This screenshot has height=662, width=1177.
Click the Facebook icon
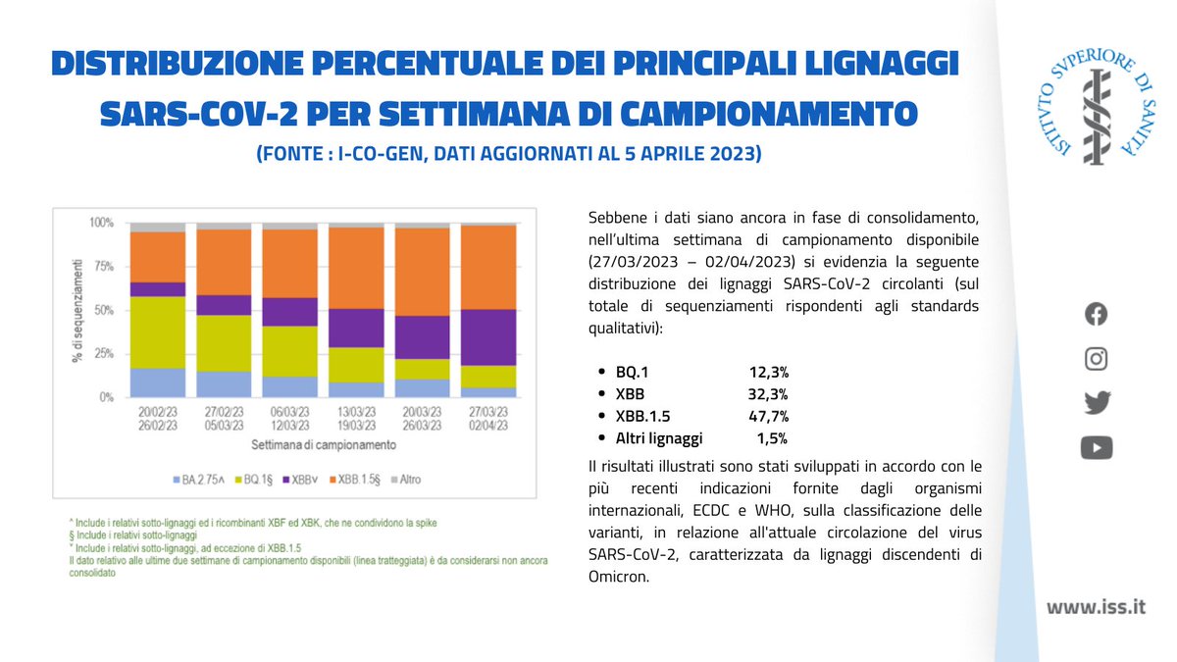point(1096,314)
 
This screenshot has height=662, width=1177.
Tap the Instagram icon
point(1096,359)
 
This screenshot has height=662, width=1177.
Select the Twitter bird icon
point(1096,403)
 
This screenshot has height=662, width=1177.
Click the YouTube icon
point(1096,448)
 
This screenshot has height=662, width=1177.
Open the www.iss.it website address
point(1096,607)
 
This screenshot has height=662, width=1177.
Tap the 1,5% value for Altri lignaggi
point(772,438)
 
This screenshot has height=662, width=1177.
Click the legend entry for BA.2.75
point(201,480)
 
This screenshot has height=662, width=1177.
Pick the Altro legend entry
point(405,480)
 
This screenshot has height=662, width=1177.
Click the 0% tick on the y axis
point(105,398)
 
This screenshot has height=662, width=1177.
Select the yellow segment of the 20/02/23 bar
point(158,331)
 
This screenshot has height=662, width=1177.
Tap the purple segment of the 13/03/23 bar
point(356,328)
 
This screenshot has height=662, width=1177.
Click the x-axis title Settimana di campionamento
point(323,444)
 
